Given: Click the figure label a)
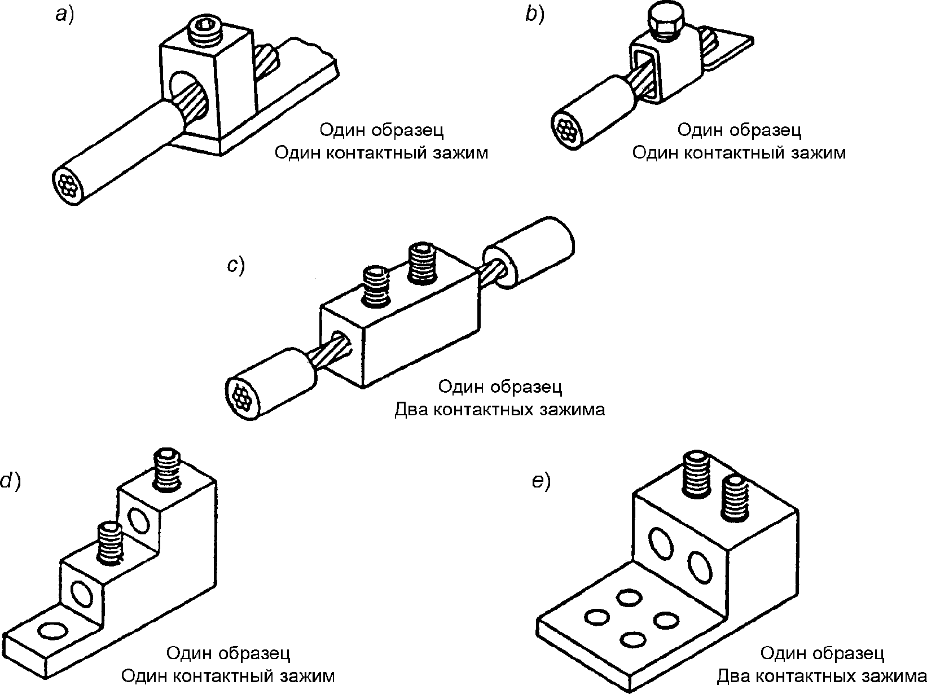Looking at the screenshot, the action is click(x=65, y=16).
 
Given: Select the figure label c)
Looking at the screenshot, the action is click(x=236, y=266).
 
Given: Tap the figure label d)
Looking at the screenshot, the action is click(x=11, y=481).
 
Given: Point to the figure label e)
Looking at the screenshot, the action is click(x=542, y=481).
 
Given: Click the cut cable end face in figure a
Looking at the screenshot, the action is click(x=68, y=186).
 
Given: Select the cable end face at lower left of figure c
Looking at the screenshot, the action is click(x=241, y=397).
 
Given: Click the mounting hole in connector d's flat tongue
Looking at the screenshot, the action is click(x=52, y=632).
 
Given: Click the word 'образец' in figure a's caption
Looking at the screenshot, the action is click(x=408, y=130).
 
